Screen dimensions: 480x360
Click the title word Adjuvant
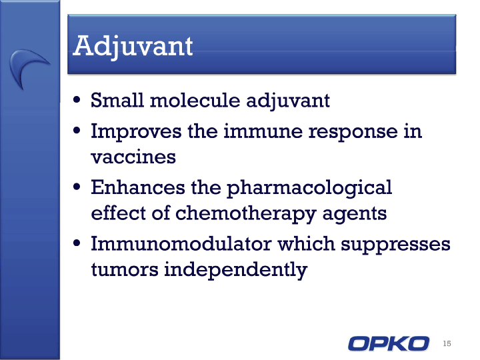tap(133, 47)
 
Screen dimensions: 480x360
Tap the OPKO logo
tap(389, 343)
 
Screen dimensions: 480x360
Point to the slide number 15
tap(447, 343)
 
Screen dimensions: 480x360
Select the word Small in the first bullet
tap(117, 100)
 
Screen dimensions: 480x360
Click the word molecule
tap(195, 100)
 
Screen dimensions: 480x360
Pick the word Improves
tap(136, 132)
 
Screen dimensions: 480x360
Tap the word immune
tap(263, 131)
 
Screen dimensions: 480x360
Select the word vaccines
tap(133, 157)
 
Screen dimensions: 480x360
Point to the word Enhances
tap(138, 187)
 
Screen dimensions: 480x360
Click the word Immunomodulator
tap(181, 244)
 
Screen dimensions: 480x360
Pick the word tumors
tap(125, 270)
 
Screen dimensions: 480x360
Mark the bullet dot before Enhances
tap(77, 187)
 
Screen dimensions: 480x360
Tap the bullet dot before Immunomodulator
tap(77, 243)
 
